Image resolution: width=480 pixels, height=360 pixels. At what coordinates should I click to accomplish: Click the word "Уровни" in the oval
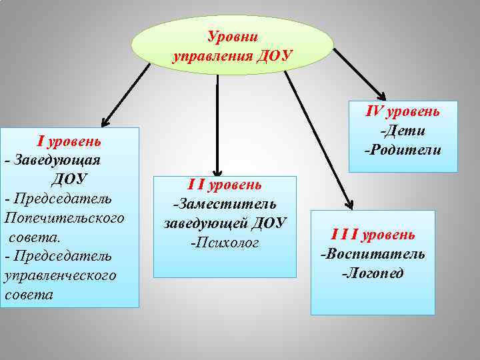(x=232, y=36)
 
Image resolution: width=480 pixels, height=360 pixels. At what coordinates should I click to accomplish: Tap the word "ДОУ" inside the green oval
(x=275, y=55)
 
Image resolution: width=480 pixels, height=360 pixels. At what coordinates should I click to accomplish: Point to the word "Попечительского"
(x=64, y=218)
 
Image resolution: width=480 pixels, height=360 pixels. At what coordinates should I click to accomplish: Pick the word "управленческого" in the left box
(x=60, y=275)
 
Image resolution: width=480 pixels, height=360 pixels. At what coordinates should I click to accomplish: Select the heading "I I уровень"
(x=225, y=185)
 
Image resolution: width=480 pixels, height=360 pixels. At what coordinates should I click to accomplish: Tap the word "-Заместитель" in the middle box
(x=225, y=203)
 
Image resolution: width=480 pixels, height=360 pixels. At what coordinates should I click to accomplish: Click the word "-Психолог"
(x=225, y=242)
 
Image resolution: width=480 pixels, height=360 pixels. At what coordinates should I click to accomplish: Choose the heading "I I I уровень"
(x=373, y=235)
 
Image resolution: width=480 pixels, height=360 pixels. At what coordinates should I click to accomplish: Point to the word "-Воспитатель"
(x=373, y=254)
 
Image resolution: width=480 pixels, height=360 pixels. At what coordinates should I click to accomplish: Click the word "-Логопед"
(x=373, y=273)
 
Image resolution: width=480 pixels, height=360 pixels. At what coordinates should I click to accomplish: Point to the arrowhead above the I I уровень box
(x=217, y=171)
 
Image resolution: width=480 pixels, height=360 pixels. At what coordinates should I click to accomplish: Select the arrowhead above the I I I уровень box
(x=348, y=203)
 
